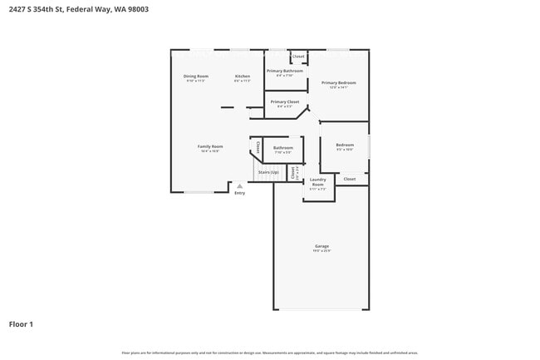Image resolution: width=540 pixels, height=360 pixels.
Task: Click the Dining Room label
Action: point(196,76)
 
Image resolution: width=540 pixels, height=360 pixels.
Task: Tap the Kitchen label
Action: point(242,76)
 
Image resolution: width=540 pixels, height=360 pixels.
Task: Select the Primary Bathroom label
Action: point(284,71)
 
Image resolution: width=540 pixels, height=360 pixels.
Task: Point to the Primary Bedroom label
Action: point(339,82)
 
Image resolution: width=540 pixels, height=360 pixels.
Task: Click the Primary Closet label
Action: point(284,101)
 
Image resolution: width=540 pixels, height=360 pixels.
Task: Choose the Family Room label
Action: point(210,146)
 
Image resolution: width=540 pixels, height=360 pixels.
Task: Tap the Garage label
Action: point(322,246)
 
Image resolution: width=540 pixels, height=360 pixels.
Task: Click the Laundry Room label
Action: point(317,181)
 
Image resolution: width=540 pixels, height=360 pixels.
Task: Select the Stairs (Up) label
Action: point(268,172)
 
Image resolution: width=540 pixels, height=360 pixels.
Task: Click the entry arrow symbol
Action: point(239,186)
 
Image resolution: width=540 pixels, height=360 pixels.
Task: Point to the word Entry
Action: point(239,193)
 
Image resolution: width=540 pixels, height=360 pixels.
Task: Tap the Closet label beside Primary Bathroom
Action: point(297,57)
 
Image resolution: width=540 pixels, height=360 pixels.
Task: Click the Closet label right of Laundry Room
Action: point(350,179)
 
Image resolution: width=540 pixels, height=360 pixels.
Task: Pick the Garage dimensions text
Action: point(322,251)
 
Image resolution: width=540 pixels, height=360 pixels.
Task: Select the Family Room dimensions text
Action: point(210,151)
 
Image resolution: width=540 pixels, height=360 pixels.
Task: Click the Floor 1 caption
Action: point(21,323)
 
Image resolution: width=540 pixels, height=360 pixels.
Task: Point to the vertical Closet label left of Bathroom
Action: point(258,148)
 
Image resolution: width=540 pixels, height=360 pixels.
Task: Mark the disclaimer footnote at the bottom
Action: point(269,353)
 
